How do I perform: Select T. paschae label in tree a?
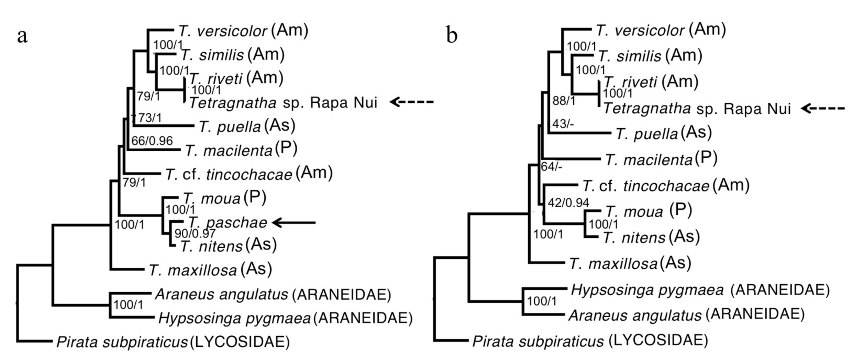coord(228,223)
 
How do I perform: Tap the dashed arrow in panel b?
coord(823,108)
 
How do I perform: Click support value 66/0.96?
coord(152,141)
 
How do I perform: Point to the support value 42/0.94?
coord(568,203)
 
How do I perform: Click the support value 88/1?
coord(564,100)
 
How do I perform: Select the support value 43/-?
coord(563,124)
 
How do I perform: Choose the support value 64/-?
coord(551,167)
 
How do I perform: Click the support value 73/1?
coord(148,118)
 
